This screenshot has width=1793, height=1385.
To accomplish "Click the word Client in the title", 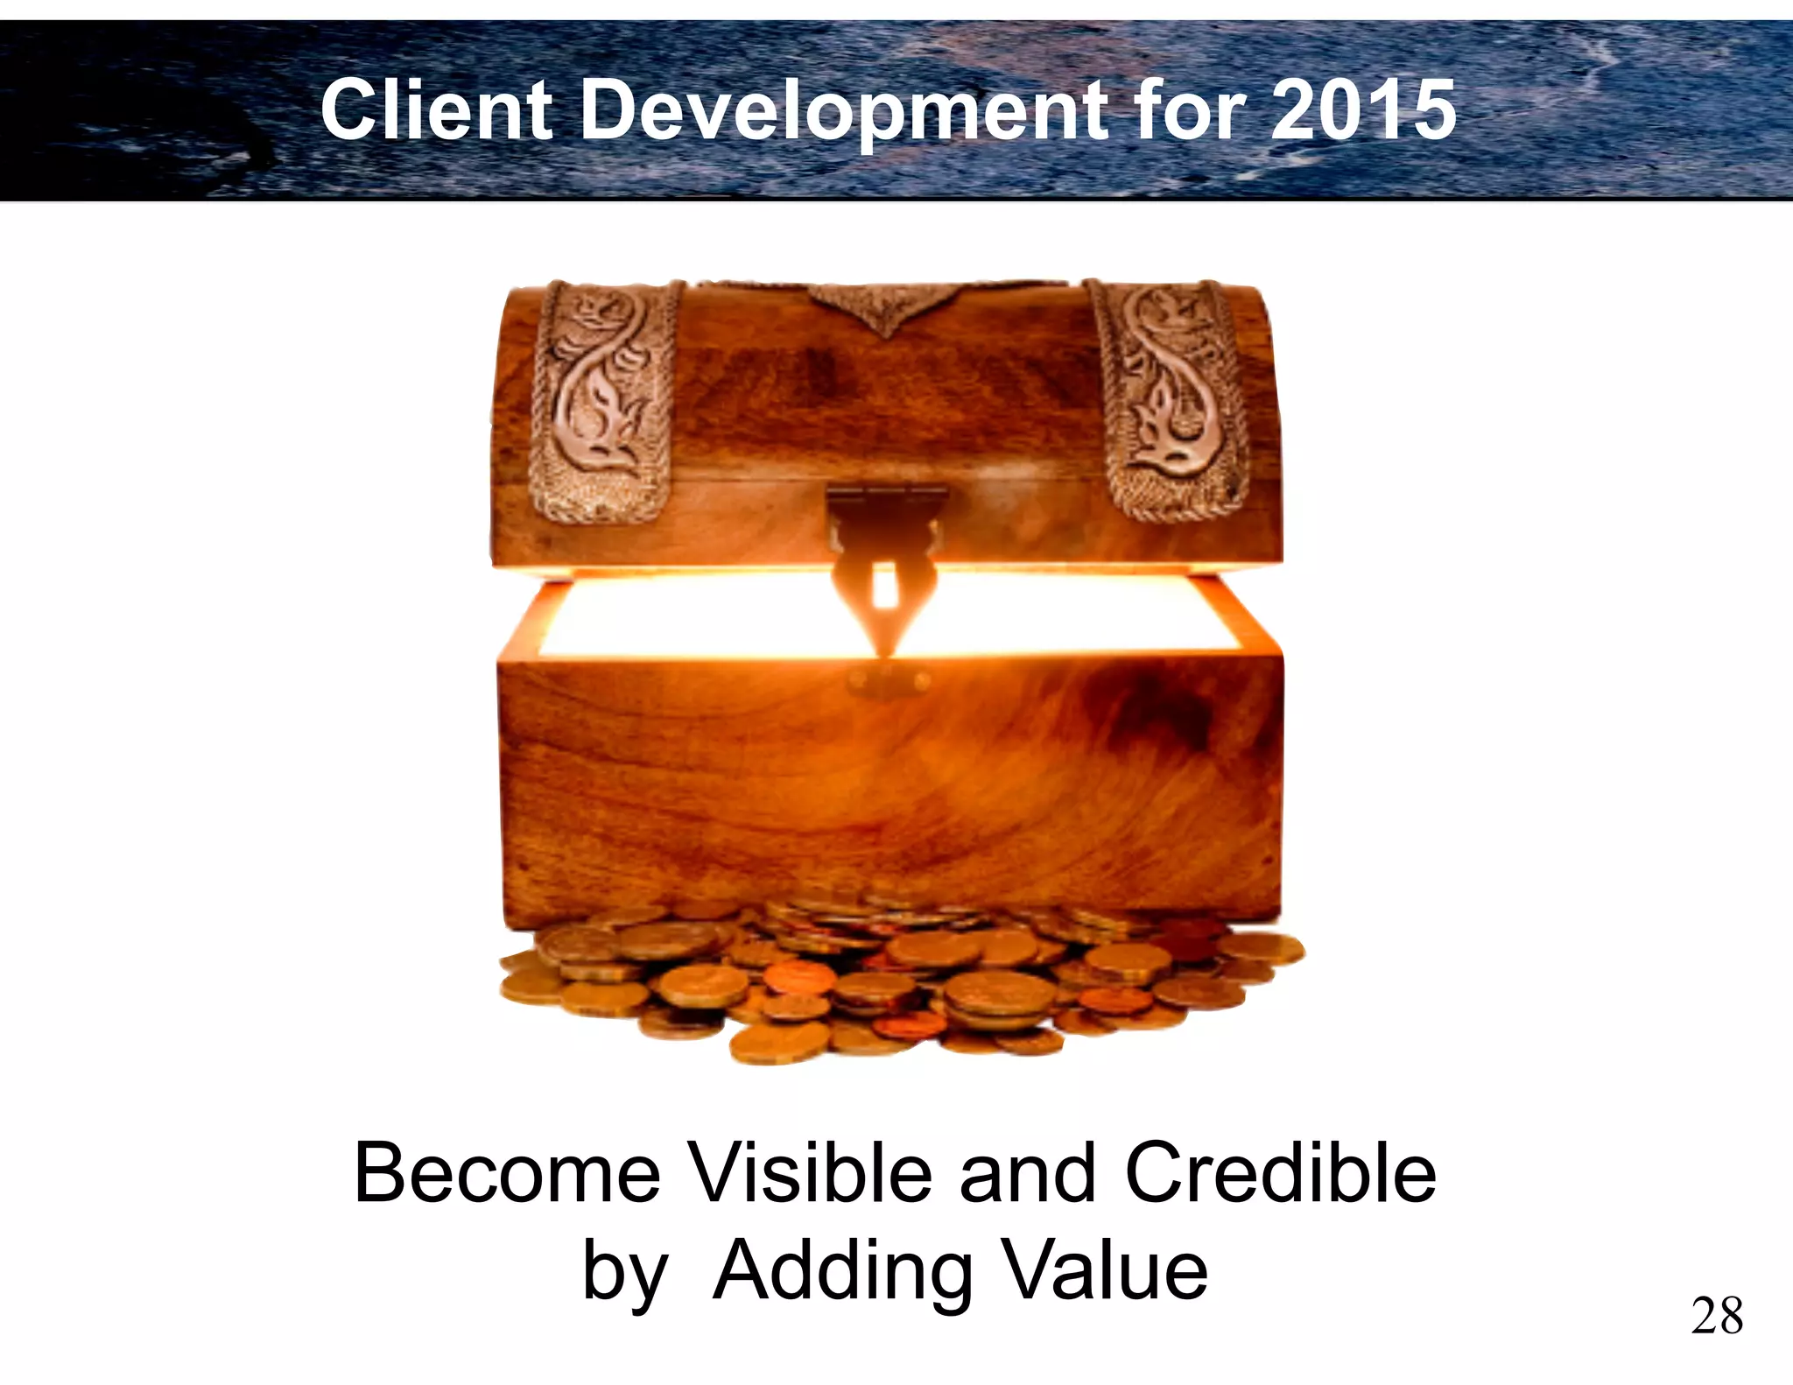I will (436, 110).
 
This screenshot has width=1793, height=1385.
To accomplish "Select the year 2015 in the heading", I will (1363, 110).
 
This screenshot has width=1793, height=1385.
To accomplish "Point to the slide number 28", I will (1716, 1316).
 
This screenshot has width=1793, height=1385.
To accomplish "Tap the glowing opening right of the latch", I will (1077, 617).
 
